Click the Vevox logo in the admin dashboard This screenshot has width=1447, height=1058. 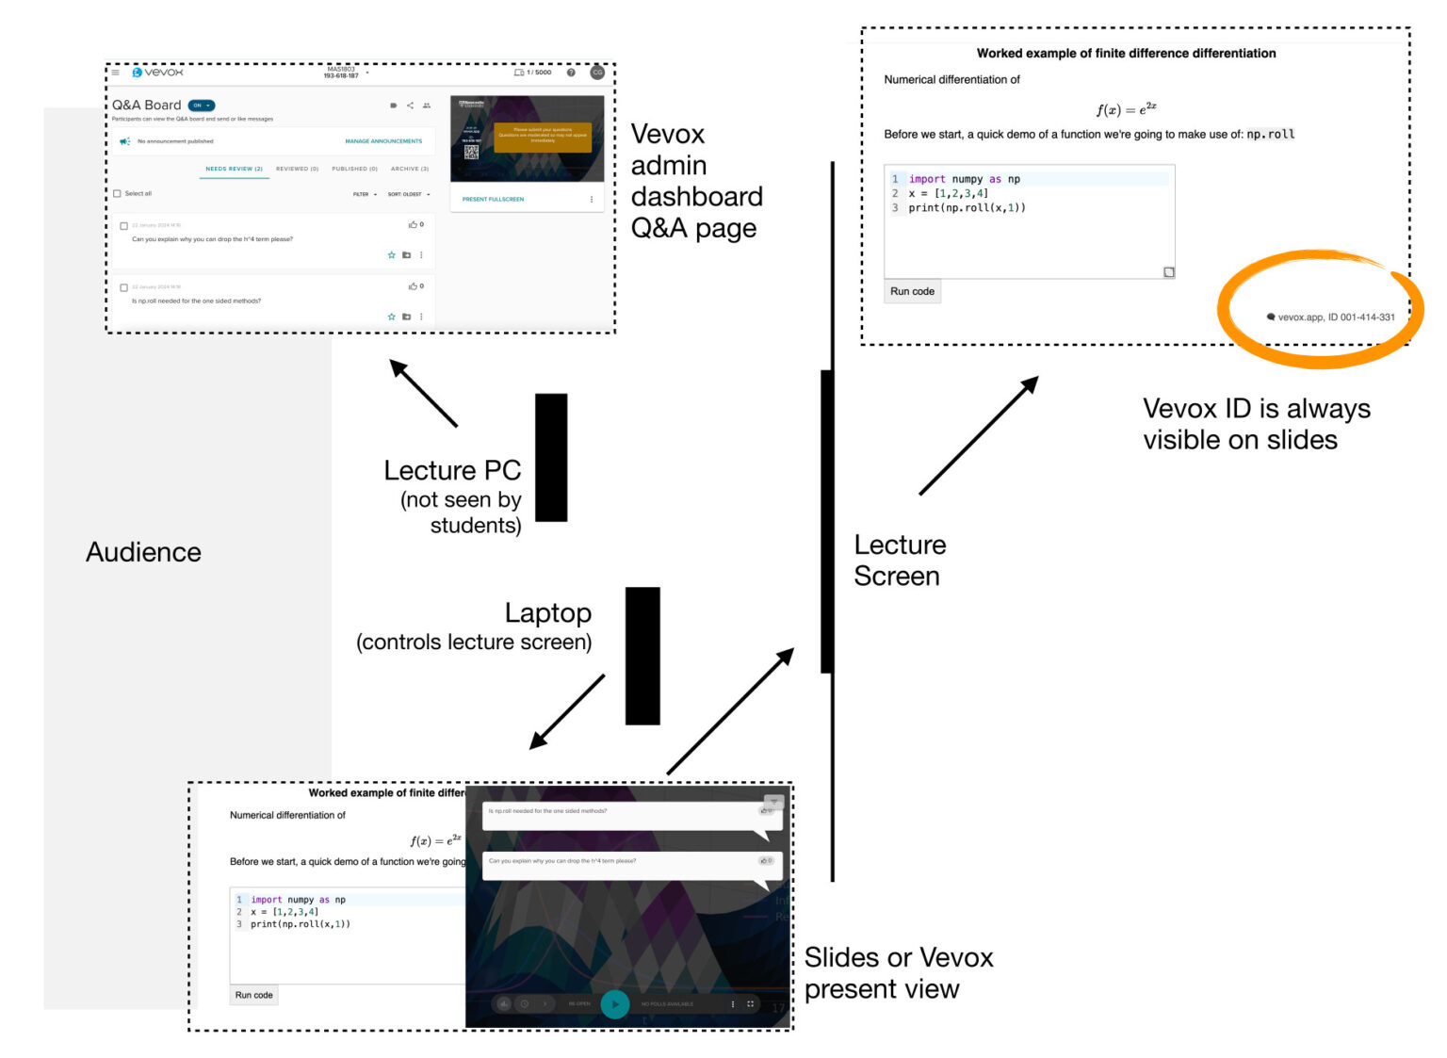tap(157, 73)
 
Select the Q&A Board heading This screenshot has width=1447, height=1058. tap(146, 106)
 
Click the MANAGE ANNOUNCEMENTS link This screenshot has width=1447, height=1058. tap(383, 141)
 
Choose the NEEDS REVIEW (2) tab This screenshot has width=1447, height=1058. tap(234, 170)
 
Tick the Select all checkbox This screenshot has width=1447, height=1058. tap(118, 194)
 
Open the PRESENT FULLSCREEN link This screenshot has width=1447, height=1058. tap(493, 200)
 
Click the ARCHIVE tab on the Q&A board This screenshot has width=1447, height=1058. tap(409, 170)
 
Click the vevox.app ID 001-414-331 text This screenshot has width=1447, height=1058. tap(1335, 317)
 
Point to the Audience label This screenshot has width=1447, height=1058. tap(143, 552)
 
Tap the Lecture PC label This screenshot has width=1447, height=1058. tap(452, 470)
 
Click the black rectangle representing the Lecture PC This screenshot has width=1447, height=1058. tap(551, 457)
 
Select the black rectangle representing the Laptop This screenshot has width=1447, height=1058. tap(642, 656)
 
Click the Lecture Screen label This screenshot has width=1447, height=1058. tap(899, 560)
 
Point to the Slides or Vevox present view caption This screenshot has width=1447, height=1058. tap(898, 972)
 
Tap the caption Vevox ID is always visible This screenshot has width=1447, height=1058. tap(1256, 424)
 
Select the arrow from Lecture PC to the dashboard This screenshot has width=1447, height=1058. tap(424, 394)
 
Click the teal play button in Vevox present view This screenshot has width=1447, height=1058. tap(615, 1004)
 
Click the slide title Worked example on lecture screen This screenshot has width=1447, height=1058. tap(1126, 54)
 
